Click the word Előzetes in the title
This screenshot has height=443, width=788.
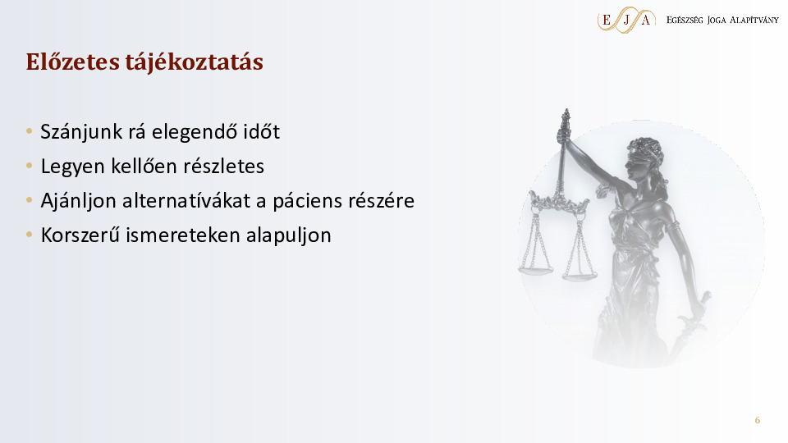73,62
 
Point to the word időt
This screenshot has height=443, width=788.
262,131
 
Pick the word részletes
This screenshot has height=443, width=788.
223,167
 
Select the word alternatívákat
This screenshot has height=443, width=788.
186,200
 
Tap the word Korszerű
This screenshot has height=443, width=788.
80,235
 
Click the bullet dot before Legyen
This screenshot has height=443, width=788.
30,166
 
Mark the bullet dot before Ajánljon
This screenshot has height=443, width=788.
30,200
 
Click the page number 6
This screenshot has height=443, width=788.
758,420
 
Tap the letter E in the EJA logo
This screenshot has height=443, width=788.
606,20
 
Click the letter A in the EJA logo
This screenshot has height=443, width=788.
646,20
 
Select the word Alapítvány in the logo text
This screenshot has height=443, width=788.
754,20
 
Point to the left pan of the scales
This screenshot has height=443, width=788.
536,270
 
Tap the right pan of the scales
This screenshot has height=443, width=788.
580,276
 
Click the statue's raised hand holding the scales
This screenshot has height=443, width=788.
564,134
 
